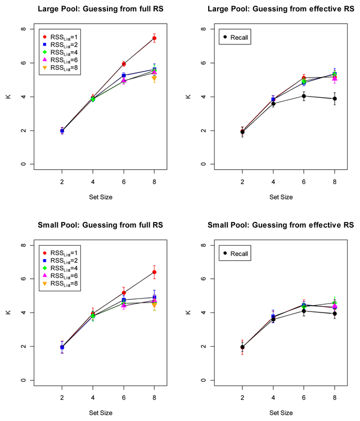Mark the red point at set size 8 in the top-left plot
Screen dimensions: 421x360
pos(154,38)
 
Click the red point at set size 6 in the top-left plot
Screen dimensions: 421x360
pos(124,64)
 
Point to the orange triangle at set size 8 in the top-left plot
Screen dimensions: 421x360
pos(154,78)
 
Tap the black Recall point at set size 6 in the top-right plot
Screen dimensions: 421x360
pos(304,96)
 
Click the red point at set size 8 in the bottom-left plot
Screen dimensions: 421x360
pos(154,272)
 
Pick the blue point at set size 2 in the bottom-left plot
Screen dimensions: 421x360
pos(62,347)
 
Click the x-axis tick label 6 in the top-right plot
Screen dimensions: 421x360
pos(304,183)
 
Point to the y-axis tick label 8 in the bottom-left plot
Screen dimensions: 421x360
pos(22,245)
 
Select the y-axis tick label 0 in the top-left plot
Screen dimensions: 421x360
pos(22,164)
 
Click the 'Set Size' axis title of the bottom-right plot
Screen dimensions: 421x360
pos(280,413)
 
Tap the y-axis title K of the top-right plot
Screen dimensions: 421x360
pos(188,97)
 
